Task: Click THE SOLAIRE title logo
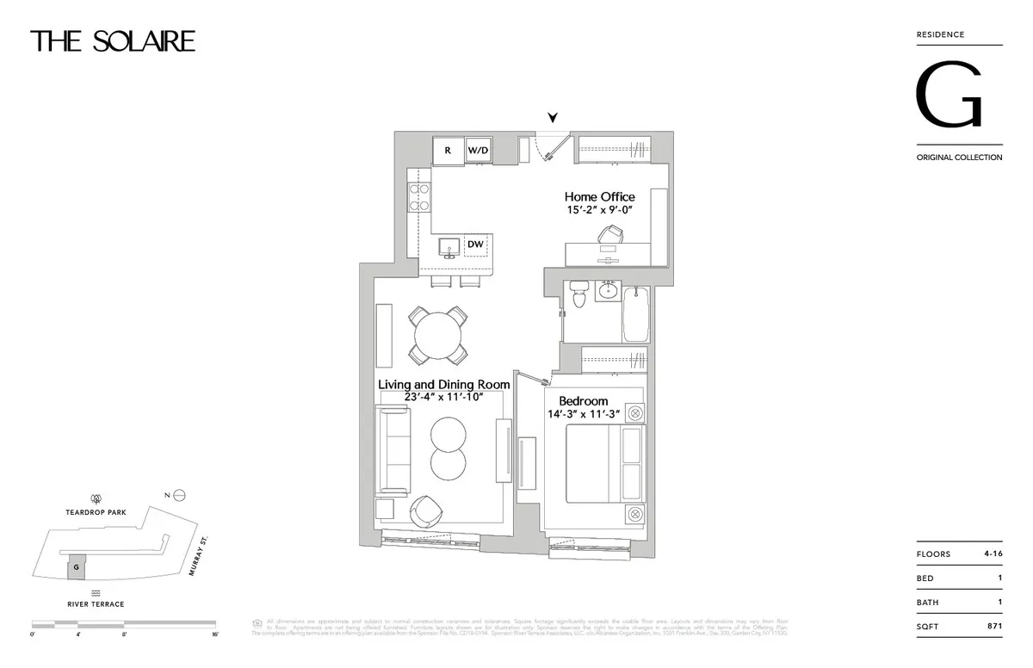[113, 40]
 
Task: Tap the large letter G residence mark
[949, 96]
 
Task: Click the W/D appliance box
[479, 150]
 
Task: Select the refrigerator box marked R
[448, 150]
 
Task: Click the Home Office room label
[599, 197]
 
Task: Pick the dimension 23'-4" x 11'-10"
[444, 397]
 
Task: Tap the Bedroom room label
[583, 400]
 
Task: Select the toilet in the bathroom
[578, 295]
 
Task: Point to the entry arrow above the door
[554, 118]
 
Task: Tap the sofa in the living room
[399, 449]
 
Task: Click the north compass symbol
[180, 495]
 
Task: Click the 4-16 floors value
[991, 554]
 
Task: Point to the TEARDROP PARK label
[96, 512]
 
